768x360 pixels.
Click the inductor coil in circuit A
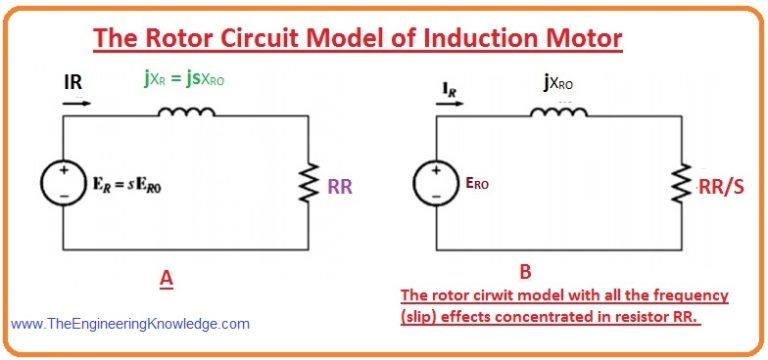tap(187, 112)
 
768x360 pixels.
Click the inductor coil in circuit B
tap(559, 112)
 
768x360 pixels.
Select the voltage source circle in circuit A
tap(63, 183)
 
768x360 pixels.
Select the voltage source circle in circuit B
tap(436, 183)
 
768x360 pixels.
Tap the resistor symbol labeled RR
tap(309, 182)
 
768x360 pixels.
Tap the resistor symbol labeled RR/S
tap(681, 183)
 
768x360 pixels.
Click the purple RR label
tap(340, 188)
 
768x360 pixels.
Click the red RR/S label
tap(722, 187)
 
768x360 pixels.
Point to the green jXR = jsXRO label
tap(184, 79)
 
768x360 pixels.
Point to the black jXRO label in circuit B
tap(558, 84)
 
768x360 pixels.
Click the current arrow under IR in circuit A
tap(77, 103)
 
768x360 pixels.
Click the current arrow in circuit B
tap(450, 103)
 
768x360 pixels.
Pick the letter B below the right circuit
tap(526, 272)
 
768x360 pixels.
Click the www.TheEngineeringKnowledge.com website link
tap(130, 324)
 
